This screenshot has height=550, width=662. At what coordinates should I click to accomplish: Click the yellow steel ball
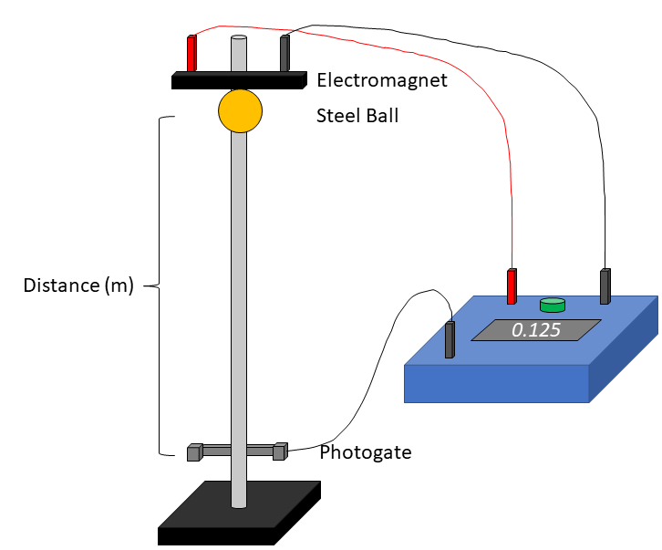(x=240, y=111)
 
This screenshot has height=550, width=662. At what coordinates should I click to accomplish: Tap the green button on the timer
(x=552, y=304)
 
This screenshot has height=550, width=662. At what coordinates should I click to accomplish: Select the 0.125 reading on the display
(x=535, y=330)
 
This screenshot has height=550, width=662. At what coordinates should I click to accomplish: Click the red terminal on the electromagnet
(x=191, y=54)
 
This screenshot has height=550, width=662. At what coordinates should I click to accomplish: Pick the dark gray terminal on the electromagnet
(x=284, y=53)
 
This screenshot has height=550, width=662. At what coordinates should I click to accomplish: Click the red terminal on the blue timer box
(x=512, y=286)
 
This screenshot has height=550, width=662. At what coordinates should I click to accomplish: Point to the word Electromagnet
(x=382, y=80)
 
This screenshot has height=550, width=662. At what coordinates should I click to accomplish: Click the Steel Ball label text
(x=357, y=116)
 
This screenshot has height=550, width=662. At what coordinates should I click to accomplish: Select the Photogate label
(x=365, y=452)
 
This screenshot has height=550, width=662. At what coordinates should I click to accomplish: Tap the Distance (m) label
(x=78, y=285)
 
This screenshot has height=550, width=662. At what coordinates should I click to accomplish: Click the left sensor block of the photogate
(x=194, y=452)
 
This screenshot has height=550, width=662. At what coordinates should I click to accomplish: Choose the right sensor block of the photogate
(x=280, y=451)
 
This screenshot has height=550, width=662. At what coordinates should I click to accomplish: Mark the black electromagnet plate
(x=238, y=82)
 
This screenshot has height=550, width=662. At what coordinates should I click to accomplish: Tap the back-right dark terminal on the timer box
(x=605, y=286)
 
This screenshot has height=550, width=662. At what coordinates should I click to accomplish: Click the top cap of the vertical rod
(x=239, y=39)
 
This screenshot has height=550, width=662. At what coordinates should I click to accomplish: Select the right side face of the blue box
(x=625, y=351)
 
